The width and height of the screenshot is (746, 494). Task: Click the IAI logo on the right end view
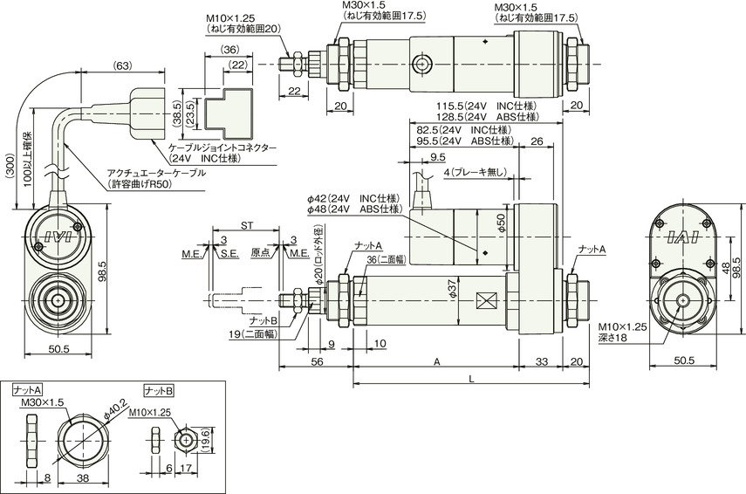point(682,237)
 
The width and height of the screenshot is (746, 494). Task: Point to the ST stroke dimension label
point(246,225)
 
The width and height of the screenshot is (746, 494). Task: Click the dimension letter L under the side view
point(471,379)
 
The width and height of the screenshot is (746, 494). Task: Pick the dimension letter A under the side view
point(436,361)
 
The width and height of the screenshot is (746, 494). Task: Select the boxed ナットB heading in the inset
point(159,391)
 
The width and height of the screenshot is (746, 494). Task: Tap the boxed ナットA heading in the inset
point(28,391)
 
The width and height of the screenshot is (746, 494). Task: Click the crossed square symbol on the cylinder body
point(485,301)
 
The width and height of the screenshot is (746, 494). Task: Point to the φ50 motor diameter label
point(500,223)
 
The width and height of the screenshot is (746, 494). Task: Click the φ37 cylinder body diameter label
point(452,289)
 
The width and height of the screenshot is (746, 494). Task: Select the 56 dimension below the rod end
point(317,361)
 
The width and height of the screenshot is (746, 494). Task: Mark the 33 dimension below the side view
point(542,361)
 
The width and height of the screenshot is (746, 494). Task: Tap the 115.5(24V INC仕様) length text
point(486,106)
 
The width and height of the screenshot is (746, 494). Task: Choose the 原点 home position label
point(260,253)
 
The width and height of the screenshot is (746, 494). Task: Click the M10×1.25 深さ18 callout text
point(623,333)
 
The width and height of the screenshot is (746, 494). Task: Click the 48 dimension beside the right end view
point(724,269)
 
